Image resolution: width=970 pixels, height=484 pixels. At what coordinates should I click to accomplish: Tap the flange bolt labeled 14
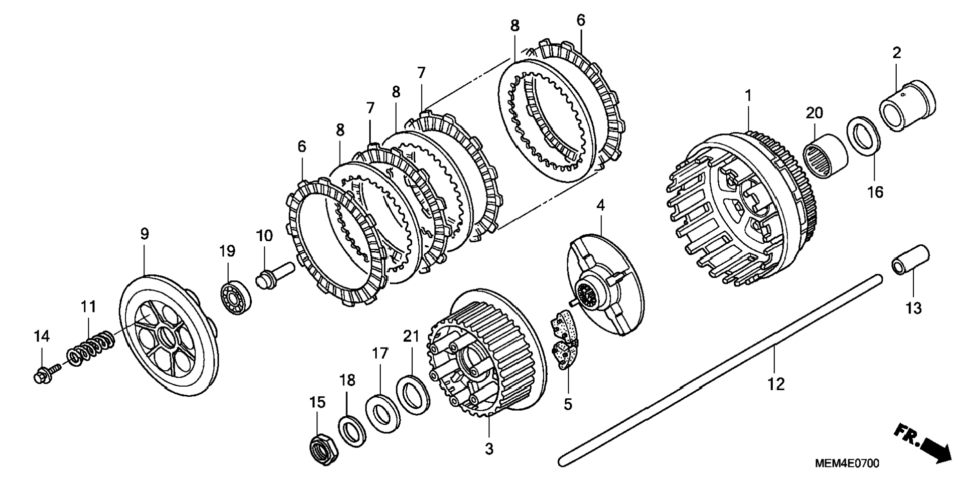(x=43, y=375)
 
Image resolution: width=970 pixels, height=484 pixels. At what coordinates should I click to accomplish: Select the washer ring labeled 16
(x=863, y=135)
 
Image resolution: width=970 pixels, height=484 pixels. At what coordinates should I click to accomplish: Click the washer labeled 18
(x=353, y=430)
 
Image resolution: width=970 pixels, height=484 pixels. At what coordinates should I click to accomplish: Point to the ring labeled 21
(x=413, y=395)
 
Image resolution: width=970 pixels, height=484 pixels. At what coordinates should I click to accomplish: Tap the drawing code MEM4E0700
(x=846, y=464)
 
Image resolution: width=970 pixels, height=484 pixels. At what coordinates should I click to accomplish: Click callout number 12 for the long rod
(x=775, y=385)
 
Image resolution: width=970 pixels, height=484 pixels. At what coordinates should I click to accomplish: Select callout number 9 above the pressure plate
(x=144, y=234)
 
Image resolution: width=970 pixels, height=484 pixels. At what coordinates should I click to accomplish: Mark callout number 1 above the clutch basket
(x=748, y=95)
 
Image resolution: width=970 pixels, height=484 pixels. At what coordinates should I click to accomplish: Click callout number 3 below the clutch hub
(x=489, y=448)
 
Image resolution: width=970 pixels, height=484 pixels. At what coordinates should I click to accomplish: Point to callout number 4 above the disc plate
(x=600, y=205)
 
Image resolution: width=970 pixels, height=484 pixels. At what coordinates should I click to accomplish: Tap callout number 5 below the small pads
(x=568, y=404)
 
